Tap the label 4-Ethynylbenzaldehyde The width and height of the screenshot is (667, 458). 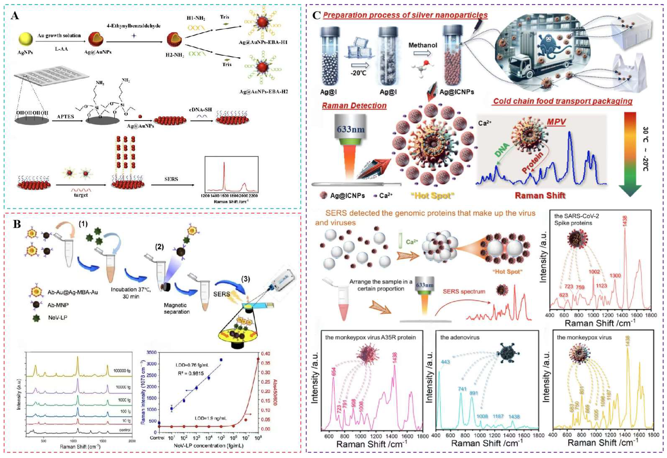(x=133, y=26)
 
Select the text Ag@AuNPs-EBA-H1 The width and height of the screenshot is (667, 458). (x=263, y=42)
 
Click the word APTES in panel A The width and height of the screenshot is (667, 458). (x=65, y=116)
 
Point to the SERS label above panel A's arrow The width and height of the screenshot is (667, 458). (x=171, y=179)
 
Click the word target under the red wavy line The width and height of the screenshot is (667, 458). (x=81, y=195)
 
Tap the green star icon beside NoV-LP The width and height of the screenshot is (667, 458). (x=36, y=318)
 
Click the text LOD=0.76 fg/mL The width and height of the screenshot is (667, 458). (x=192, y=365)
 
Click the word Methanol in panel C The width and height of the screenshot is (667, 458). (x=423, y=45)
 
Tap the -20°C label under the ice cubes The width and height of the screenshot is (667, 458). (x=358, y=73)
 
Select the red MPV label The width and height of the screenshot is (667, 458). (x=556, y=122)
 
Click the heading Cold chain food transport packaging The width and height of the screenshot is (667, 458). (x=563, y=101)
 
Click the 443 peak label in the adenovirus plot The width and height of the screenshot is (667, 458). (x=445, y=362)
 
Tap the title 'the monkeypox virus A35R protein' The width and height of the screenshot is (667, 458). (x=370, y=337)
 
